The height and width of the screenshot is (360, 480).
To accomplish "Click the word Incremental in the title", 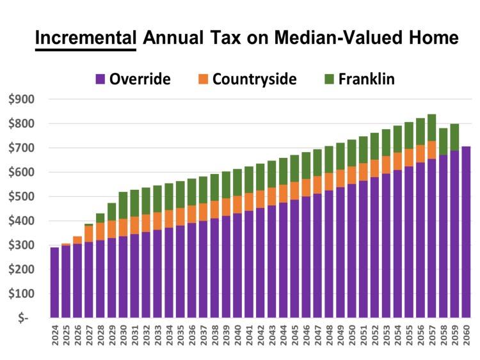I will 86,38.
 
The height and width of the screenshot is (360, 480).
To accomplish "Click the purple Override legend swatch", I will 100,79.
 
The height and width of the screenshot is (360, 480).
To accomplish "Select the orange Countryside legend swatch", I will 203,79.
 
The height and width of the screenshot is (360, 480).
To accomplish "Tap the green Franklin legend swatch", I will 330,79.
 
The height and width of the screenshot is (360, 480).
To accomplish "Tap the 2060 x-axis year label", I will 467,340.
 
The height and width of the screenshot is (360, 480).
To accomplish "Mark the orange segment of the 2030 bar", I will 123,228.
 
